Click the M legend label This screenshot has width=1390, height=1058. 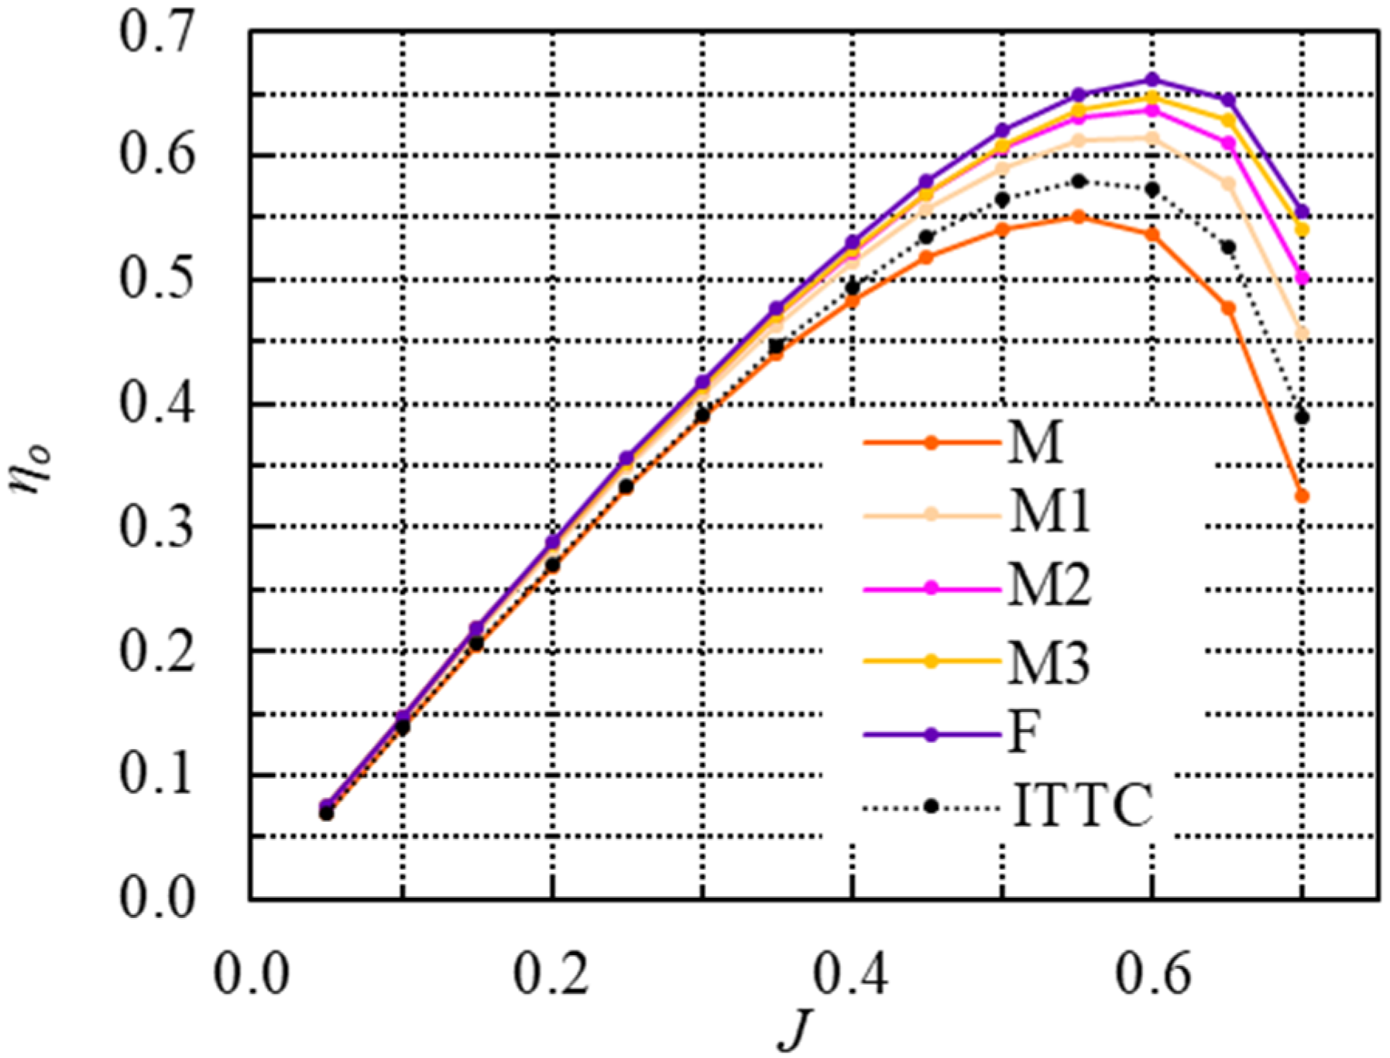[x=1035, y=443]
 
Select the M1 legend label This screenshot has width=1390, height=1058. [x=1050, y=512]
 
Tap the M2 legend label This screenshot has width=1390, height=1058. [x=1050, y=586]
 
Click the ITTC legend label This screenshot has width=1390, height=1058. [x=1083, y=806]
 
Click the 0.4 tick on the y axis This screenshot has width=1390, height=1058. [x=156, y=405]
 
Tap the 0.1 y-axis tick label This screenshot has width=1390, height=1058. [x=156, y=775]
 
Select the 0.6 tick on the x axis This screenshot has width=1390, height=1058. [x=1151, y=975]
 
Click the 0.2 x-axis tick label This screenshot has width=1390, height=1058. [x=551, y=975]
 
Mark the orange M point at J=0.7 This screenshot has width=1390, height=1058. [x=1302, y=496]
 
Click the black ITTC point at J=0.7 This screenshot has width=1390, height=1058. [x=1302, y=418]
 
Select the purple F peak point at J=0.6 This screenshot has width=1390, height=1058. [x=1151, y=80]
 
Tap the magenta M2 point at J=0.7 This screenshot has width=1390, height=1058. [x=1302, y=279]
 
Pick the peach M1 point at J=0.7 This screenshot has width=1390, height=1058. [x=1302, y=334]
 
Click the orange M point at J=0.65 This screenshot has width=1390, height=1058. [x=1228, y=308]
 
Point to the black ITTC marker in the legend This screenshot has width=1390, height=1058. [x=932, y=806]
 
